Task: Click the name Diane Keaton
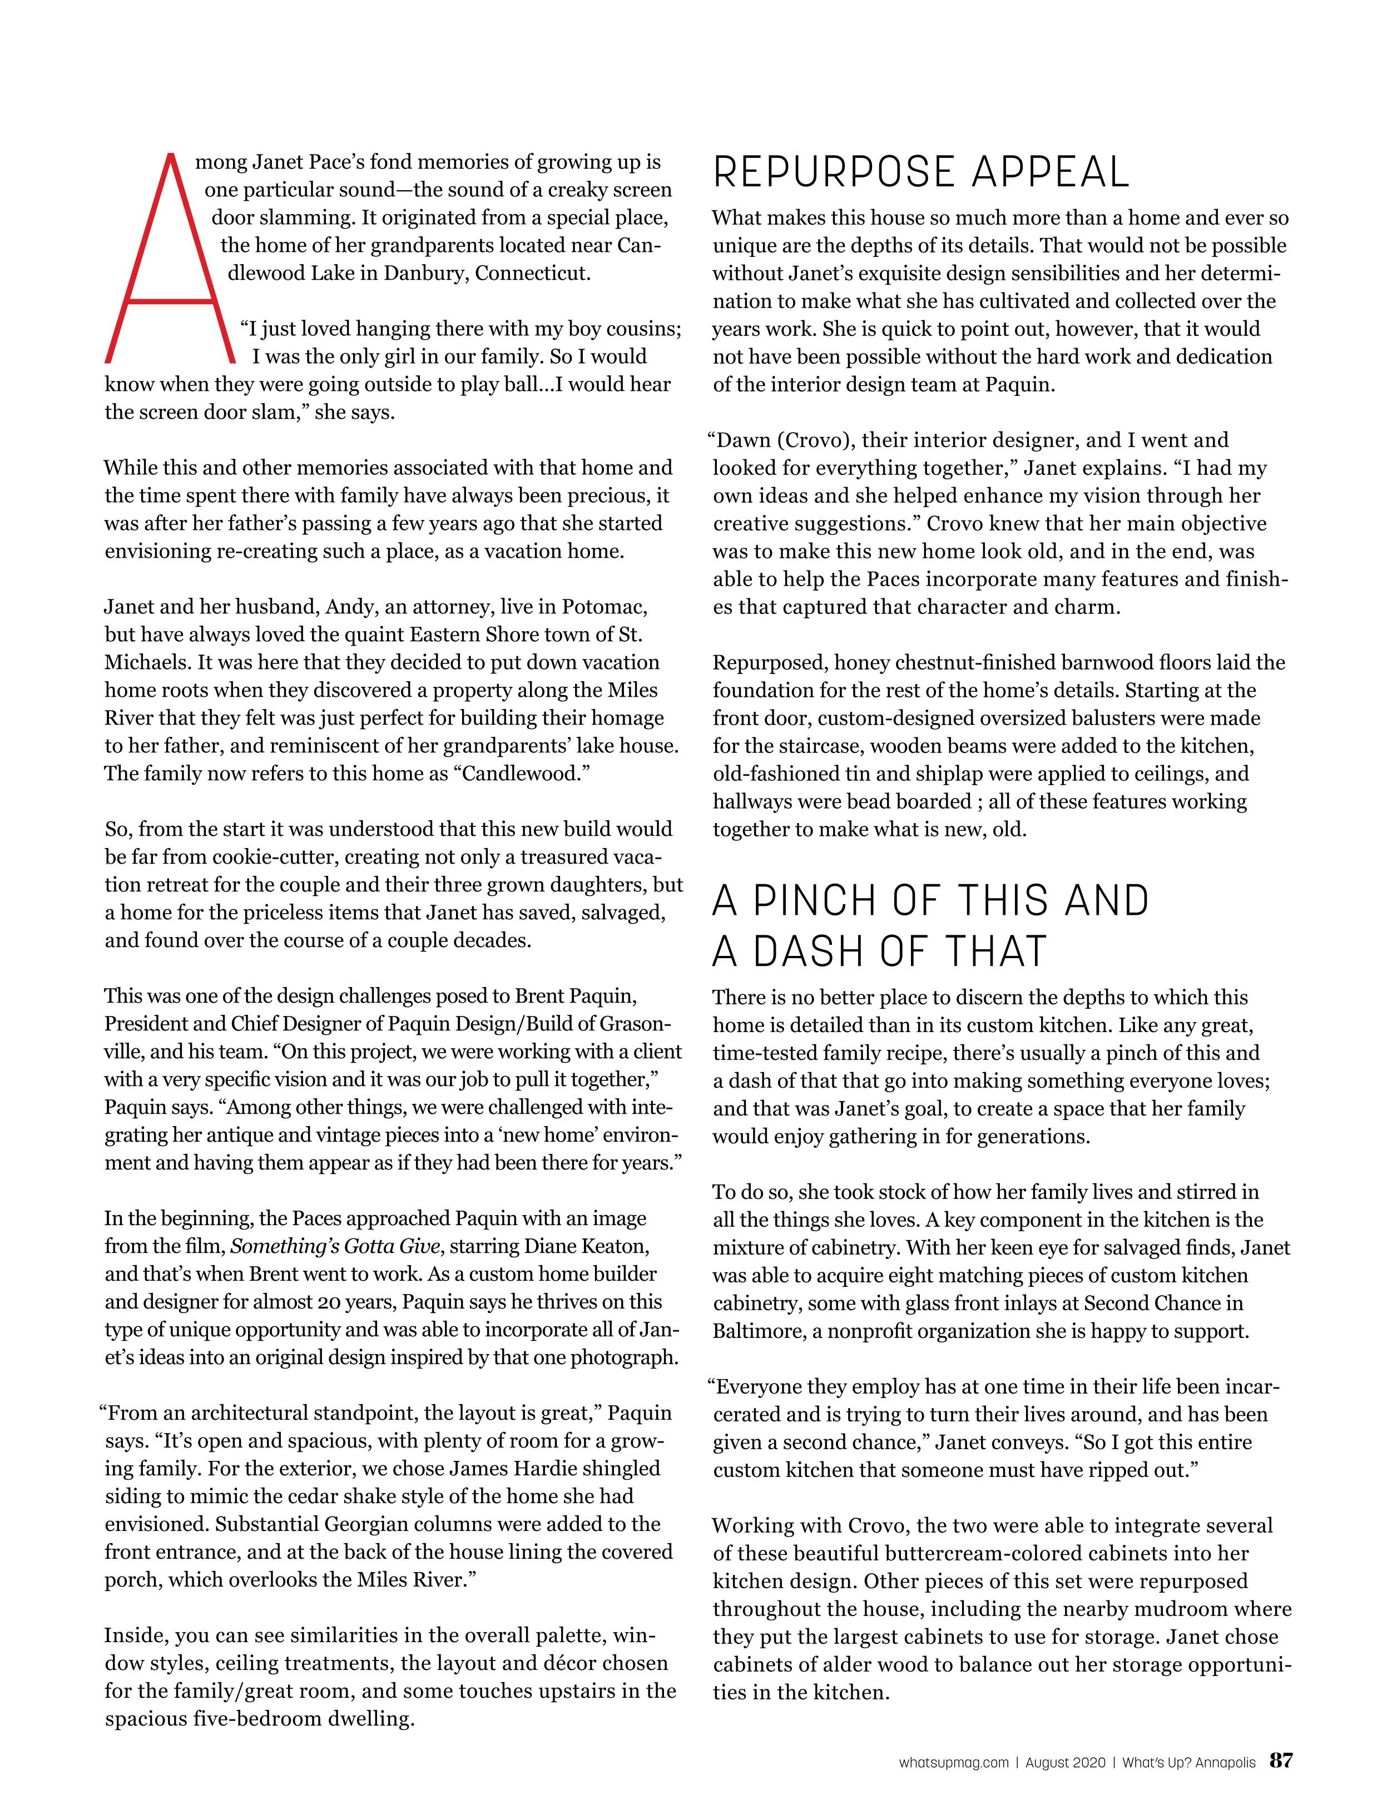point(589,1246)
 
